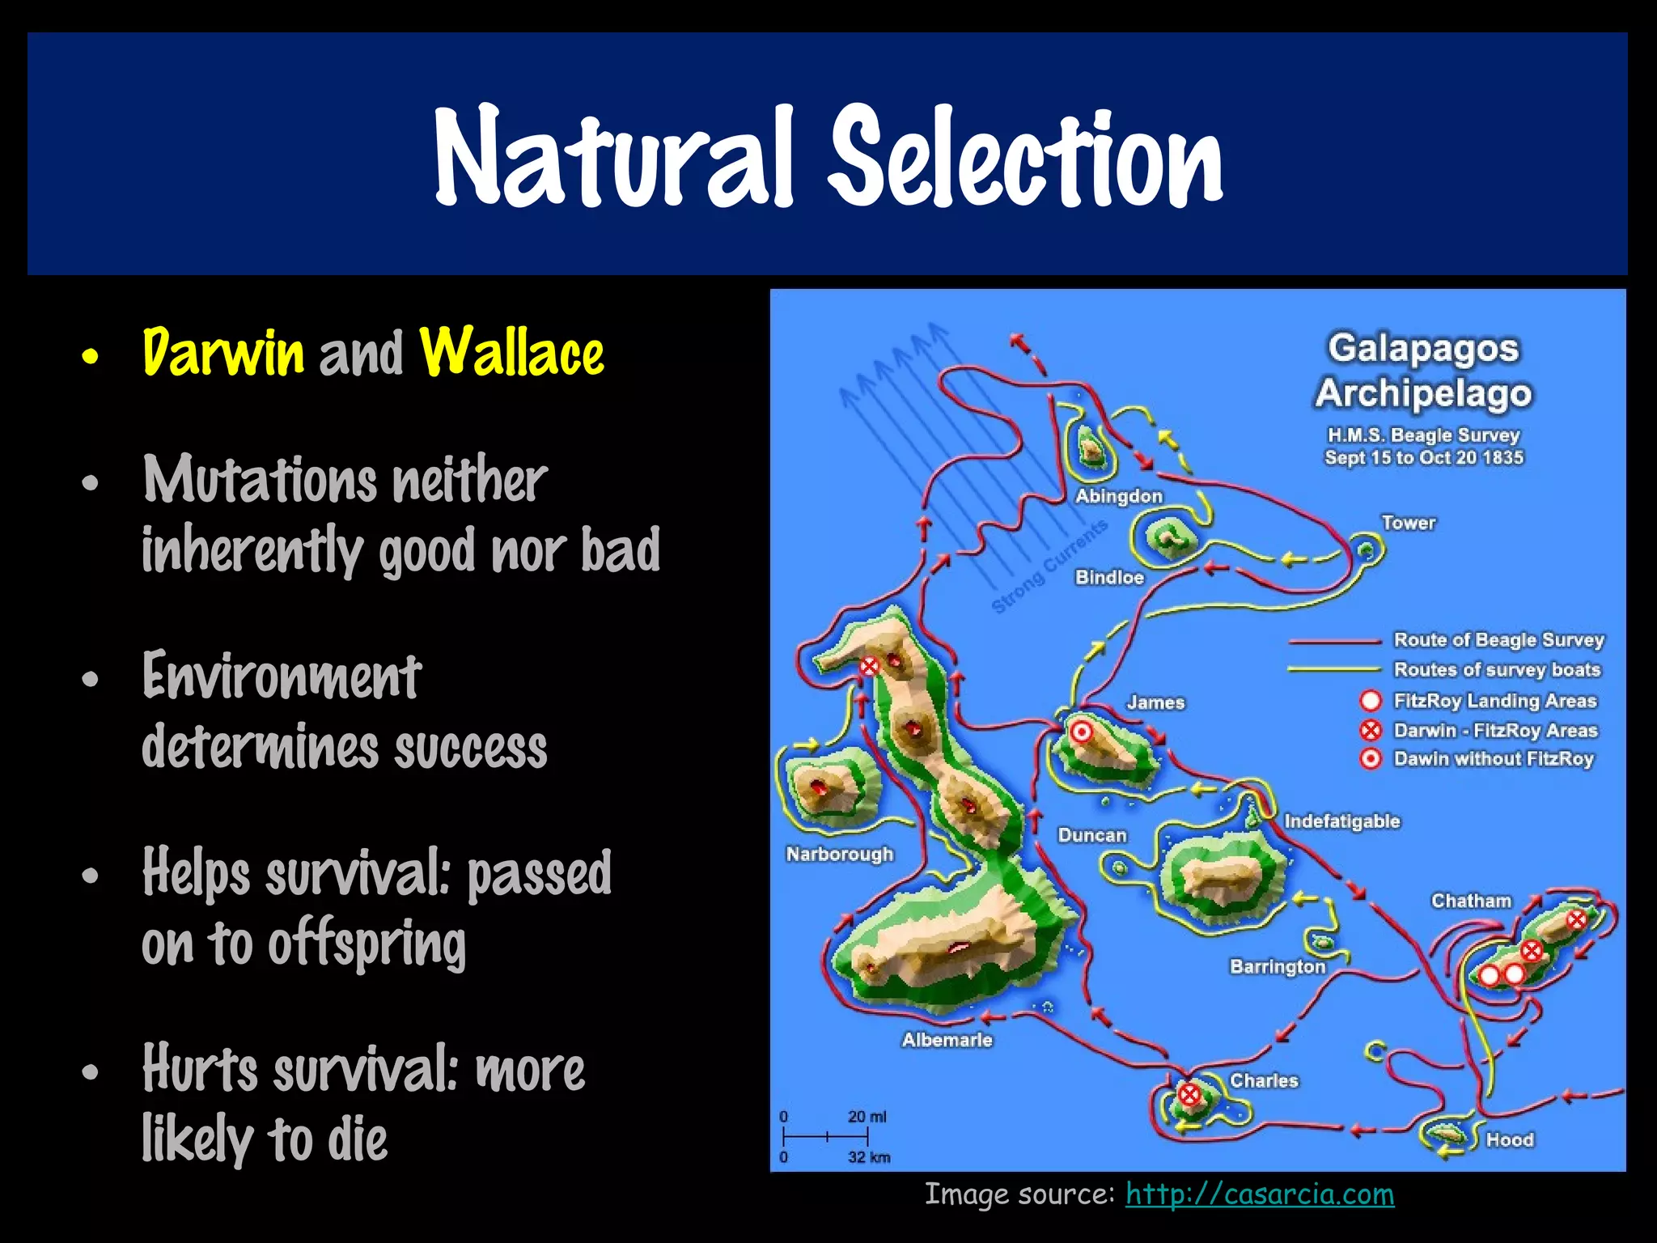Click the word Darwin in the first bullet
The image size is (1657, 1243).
point(223,354)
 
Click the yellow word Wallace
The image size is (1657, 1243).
point(511,354)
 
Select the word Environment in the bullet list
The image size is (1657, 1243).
point(282,677)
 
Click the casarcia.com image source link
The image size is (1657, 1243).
point(1259,1194)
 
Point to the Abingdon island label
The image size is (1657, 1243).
point(1118,496)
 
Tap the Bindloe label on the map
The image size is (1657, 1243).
point(1109,577)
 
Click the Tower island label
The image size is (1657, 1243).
point(1408,523)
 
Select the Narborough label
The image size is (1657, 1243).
point(840,854)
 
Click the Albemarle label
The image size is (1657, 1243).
point(947,1040)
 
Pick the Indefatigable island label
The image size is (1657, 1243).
point(1341,821)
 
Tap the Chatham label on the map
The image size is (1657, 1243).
point(1471,901)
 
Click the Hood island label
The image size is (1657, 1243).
point(1510,1139)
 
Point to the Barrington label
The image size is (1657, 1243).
point(1278,966)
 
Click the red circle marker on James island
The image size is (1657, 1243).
point(1081,733)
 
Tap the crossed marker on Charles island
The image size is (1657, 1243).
point(1189,1095)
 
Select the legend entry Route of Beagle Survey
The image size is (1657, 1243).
point(1498,640)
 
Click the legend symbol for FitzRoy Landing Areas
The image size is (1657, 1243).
point(1370,701)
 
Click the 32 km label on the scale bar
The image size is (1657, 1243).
point(869,1157)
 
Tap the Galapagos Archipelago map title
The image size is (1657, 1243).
point(1423,371)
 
